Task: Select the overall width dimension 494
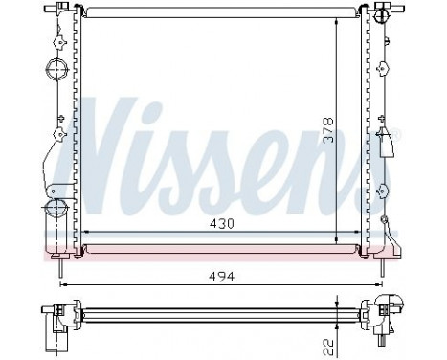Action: [x=222, y=276]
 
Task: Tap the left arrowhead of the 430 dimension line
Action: [x=88, y=234]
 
